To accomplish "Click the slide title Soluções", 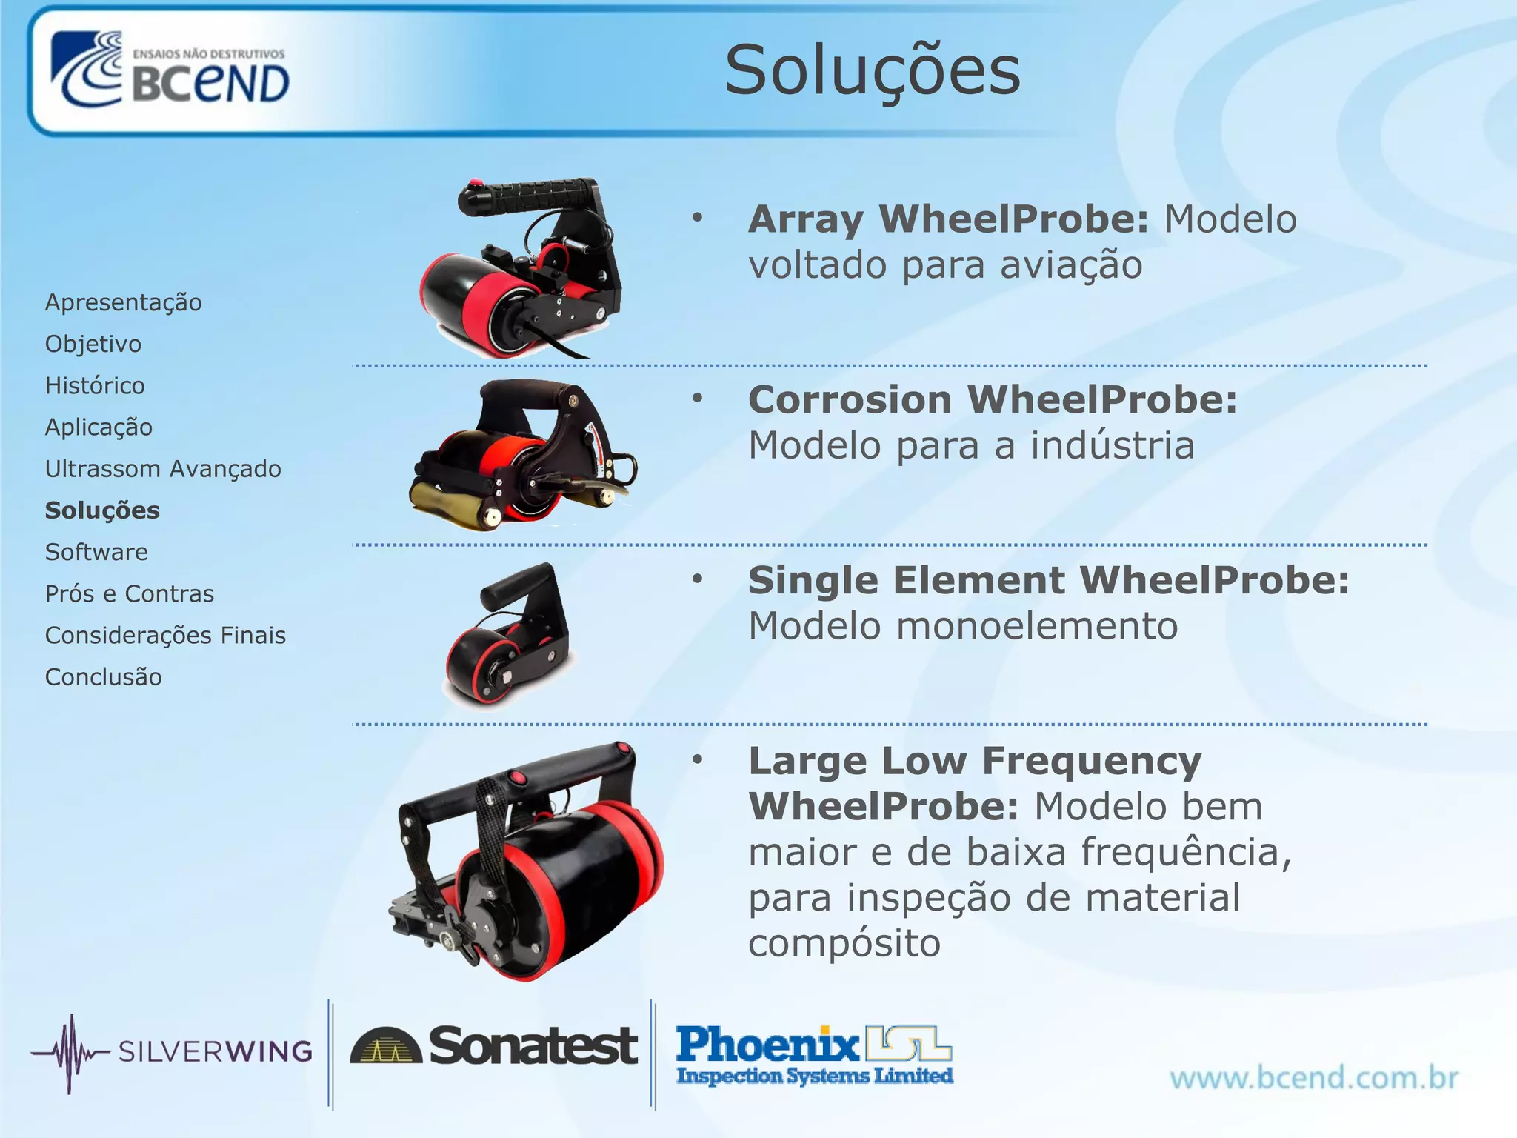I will click(x=872, y=70).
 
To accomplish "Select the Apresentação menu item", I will click(x=123, y=302).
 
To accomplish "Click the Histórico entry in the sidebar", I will click(x=95, y=385).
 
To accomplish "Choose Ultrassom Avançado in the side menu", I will click(x=163, y=469).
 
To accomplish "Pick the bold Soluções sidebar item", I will click(x=102, y=510).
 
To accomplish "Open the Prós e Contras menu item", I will click(x=130, y=593).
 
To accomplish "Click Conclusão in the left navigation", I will click(x=103, y=677).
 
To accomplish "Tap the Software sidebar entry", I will click(x=96, y=552).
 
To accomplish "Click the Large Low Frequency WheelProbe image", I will click(x=526, y=859).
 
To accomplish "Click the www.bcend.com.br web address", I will click(x=1314, y=1077).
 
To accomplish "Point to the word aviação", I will click(x=1071, y=265).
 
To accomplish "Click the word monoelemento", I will click(x=1037, y=626).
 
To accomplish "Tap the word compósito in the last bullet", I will click(x=844, y=943).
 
